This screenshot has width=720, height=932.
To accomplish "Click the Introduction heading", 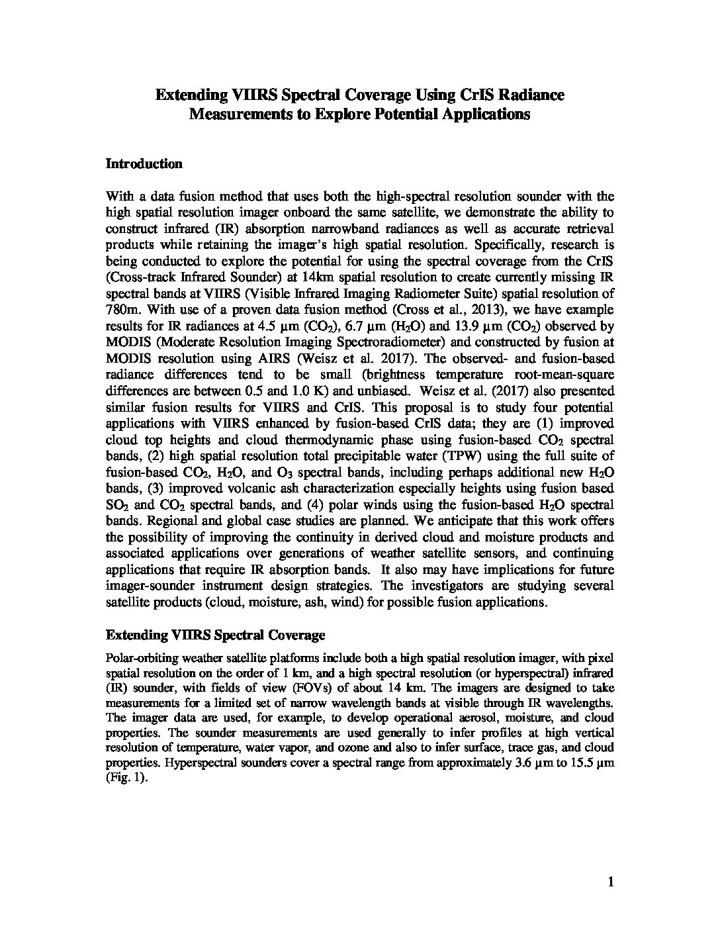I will tap(144, 164).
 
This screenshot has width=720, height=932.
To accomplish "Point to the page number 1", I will tap(611, 882).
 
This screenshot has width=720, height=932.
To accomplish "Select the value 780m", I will tap(121, 310).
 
